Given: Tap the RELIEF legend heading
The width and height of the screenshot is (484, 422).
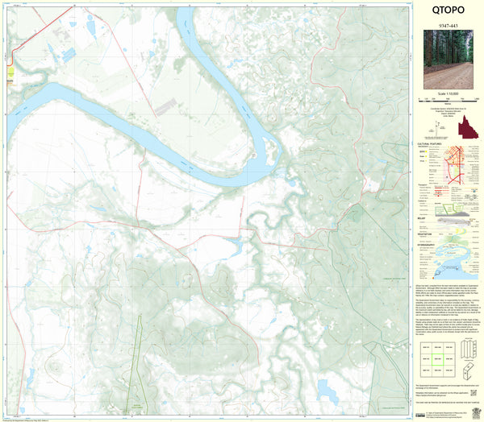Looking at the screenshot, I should coord(422,217).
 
